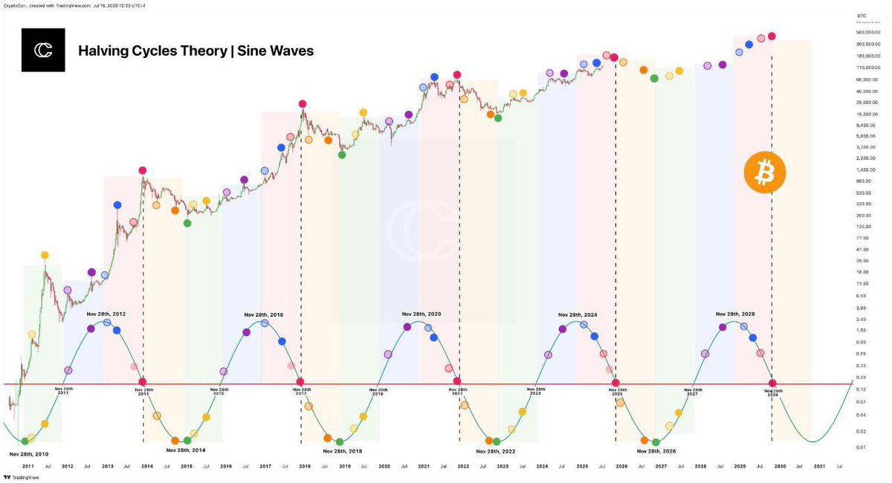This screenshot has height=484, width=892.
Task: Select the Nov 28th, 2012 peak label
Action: [x=106, y=314]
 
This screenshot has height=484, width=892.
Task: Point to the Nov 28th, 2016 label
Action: [x=263, y=314]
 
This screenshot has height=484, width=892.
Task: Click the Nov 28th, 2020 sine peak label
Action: [x=421, y=314]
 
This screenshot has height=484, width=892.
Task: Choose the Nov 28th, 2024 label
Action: [x=578, y=314]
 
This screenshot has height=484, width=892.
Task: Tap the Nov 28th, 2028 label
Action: [x=735, y=314]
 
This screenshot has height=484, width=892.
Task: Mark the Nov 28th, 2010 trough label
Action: [x=29, y=453]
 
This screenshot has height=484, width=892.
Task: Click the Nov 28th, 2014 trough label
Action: [x=186, y=450]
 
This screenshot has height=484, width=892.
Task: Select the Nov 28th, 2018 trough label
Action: [x=343, y=451]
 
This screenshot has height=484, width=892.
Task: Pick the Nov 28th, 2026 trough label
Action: [x=657, y=451]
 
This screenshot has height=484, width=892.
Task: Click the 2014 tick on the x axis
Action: [x=147, y=466]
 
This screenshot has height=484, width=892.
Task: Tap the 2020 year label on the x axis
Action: [x=384, y=466]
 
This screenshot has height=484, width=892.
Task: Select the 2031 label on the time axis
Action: [x=818, y=466]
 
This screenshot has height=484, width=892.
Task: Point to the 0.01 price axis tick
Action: [x=860, y=446]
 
